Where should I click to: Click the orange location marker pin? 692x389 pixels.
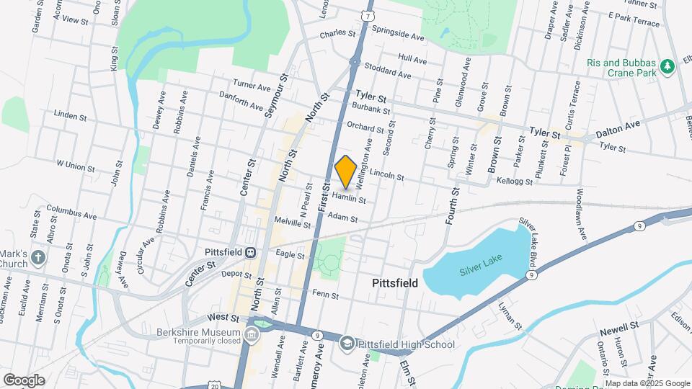[346, 171]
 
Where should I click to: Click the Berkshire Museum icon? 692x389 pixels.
[252, 334]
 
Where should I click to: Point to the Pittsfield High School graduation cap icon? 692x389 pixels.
[347, 344]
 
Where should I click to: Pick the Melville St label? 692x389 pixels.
[292, 224]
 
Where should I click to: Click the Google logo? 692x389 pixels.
[24, 380]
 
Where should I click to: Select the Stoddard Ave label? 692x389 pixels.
[388, 73]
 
